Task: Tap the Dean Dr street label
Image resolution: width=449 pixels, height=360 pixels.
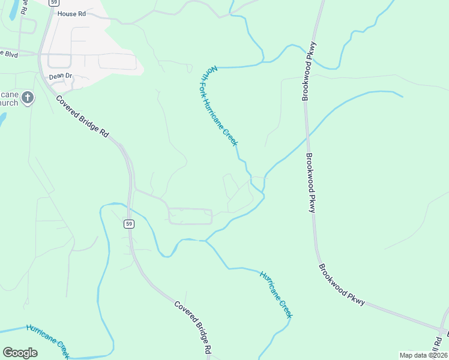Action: (x=60, y=76)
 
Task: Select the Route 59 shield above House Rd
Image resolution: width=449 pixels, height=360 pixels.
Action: (x=53, y=2)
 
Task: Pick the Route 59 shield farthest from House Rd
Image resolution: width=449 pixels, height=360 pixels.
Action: (x=129, y=224)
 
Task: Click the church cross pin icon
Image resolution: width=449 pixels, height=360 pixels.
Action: (x=27, y=97)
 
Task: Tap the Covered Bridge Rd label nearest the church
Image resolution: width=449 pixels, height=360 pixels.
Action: (x=82, y=116)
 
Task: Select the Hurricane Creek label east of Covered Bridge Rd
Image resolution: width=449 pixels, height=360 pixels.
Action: (x=277, y=294)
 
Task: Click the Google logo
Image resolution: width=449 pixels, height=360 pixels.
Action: (x=20, y=353)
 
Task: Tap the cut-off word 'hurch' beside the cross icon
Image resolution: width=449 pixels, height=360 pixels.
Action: (x=8, y=103)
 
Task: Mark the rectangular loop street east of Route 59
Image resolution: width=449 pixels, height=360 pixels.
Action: (x=190, y=216)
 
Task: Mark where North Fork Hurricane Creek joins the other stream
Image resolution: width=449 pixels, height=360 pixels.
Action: (x=263, y=193)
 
